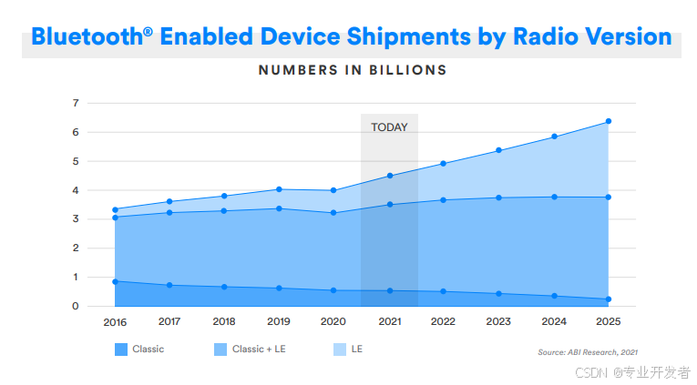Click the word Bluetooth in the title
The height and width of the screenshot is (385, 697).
pos(86,37)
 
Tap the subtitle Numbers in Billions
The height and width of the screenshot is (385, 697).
pos(352,69)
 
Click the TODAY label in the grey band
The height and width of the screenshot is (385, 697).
pos(389,127)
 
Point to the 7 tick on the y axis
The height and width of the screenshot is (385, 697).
pos(76,103)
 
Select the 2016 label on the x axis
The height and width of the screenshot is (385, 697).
pos(115,321)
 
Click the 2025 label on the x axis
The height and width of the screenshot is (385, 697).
pos(609,321)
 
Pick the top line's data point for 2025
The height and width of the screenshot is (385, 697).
pos(609,121)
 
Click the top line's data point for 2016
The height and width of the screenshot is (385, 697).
pos(115,209)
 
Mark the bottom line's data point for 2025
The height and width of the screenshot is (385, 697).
pos(609,299)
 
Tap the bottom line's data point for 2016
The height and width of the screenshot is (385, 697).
pos(115,281)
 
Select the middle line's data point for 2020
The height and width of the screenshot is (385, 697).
pos(333,213)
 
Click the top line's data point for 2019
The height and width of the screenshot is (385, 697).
pos(279,189)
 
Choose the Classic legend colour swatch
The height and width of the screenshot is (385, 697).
pos(121,350)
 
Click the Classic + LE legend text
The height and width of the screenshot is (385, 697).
pos(259,350)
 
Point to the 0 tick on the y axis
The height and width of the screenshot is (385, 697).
pos(76,306)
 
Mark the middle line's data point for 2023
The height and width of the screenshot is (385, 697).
pos(498,198)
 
